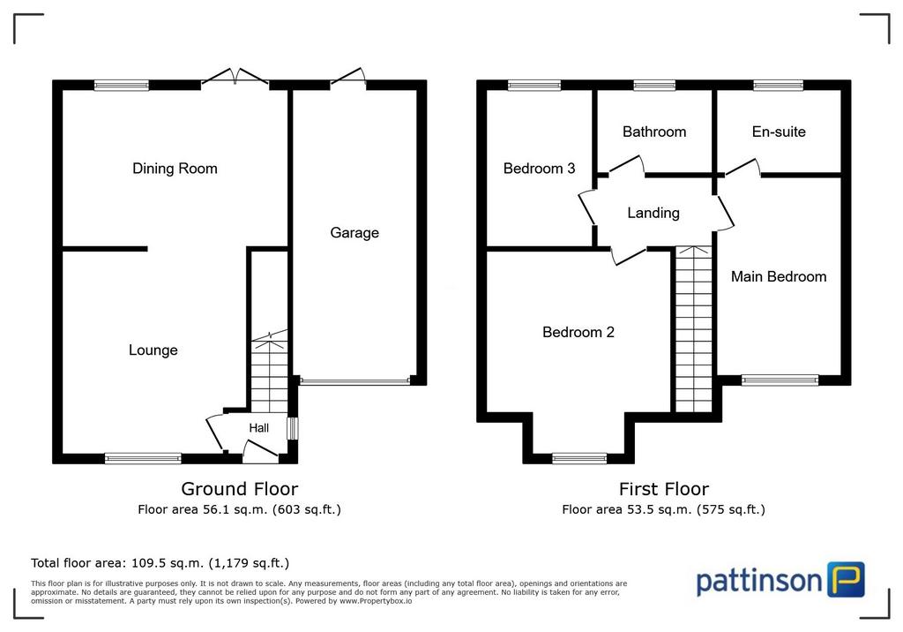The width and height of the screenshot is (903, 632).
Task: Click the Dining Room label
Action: [x=175, y=169]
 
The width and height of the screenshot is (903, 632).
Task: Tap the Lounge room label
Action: [x=153, y=350]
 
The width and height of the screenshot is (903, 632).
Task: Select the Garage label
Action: [x=354, y=233]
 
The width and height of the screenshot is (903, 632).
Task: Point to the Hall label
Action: [x=259, y=428]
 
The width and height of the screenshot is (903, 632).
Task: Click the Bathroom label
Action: [x=654, y=132]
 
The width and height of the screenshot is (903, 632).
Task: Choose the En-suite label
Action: [x=779, y=132]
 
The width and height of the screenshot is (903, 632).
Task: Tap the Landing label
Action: [x=653, y=214]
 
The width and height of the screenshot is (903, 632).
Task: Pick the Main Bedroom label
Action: [x=779, y=277]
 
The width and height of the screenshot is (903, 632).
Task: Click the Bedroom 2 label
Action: [x=578, y=332]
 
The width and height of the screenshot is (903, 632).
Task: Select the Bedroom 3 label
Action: [x=539, y=169]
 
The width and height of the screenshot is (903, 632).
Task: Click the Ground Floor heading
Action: [x=240, y=489]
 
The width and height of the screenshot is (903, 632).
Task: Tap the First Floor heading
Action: [x=664, y=489]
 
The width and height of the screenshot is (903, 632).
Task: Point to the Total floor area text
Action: [x=160, y=563]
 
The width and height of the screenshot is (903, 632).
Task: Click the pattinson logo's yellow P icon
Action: [x=847, y=580]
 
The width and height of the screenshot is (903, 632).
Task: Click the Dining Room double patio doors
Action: [x=235, y=79]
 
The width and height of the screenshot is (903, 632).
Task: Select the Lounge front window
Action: [x=143, y=458]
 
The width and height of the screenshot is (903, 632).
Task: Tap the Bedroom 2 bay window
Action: [x=579, y=458]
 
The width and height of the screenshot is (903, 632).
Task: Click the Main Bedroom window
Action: [x=780, y=380]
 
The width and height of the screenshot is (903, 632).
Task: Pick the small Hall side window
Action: [x=293, y=428]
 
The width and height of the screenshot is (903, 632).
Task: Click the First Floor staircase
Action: [x=693, y=329]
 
